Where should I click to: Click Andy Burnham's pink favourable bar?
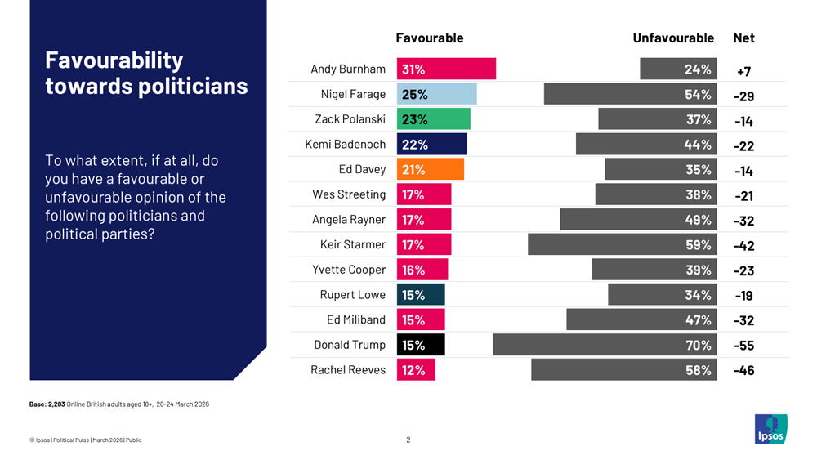(x=446, y=69)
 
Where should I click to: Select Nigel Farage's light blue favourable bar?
(x=436, y=94)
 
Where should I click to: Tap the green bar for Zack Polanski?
(x=433, y=119)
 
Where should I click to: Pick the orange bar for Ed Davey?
(x=430, y=169)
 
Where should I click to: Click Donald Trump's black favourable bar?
(x=421, y=345)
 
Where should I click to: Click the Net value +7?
(x=743, y=71)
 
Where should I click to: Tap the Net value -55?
(x=743, y=346)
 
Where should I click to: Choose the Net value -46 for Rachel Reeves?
(x=743, y=371)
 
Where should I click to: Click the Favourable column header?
(x=429, y=38)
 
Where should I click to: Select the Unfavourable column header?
(x=673, y=38)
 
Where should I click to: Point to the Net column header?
(x=743, y=38)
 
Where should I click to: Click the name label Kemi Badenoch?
(x=345, y=145)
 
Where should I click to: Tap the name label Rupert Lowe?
(x=352, y=295)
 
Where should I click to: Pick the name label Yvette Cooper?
(x=349, y=270)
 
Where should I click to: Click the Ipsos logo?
(x=770, y=429)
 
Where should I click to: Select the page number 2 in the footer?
(x=408, y=440)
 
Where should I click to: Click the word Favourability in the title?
(x=114, y=60)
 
